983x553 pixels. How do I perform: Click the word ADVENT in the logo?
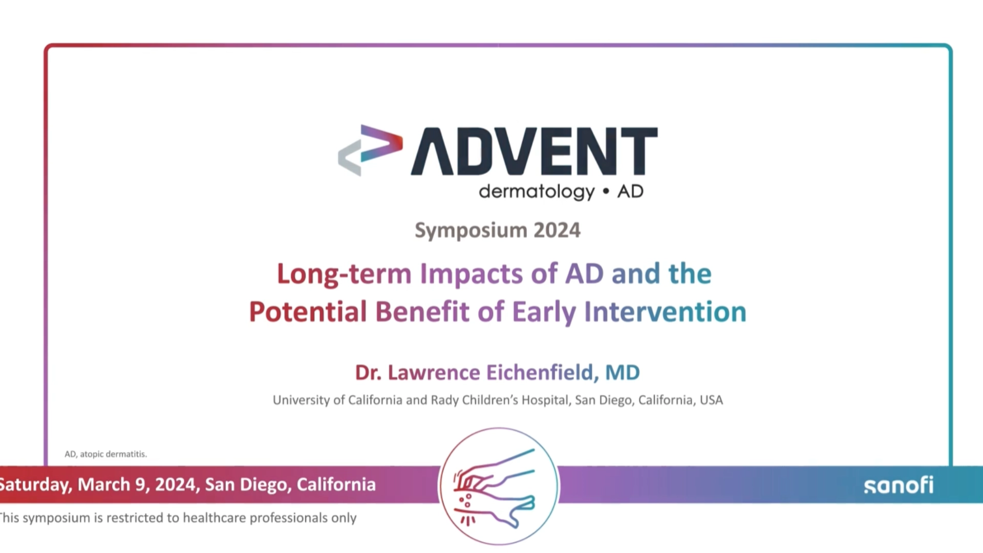[534, 152]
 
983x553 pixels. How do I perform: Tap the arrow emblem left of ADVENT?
[370, 150]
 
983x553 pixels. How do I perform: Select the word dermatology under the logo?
[537, 192]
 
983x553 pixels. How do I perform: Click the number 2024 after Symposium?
[557, 230]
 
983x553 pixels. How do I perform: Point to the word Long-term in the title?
[344, 274]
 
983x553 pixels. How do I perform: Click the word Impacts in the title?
[471, 274]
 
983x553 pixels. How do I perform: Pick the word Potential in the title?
[308, 312]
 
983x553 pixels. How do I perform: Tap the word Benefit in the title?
[422, 312]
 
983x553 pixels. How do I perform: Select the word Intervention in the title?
[665, 312]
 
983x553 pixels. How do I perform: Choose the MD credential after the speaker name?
[623, 373]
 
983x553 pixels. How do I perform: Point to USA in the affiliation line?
[711, 400]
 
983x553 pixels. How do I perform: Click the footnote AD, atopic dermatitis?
[105, 454]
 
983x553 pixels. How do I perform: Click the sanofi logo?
[899, 485]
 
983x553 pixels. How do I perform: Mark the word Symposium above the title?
[471, 230]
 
